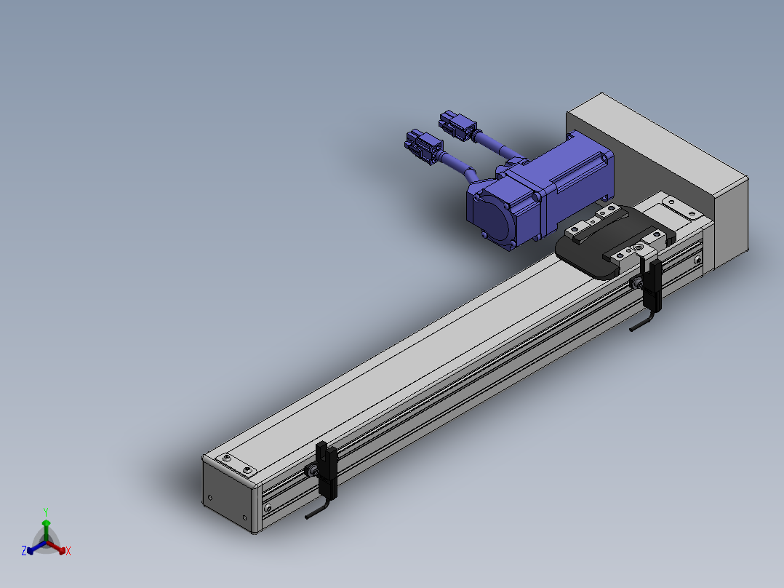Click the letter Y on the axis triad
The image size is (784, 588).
pyautogui.click(x=46, y=512)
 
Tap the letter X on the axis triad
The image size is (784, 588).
pyautogui.click(x=68, y=551)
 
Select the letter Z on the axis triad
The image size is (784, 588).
pyautogui.click(x=24, y=551)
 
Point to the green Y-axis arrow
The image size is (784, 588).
pyautogui.click(x=46, y=531)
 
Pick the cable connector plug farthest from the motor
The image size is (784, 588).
pyautogui.click(x=423, y=146)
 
